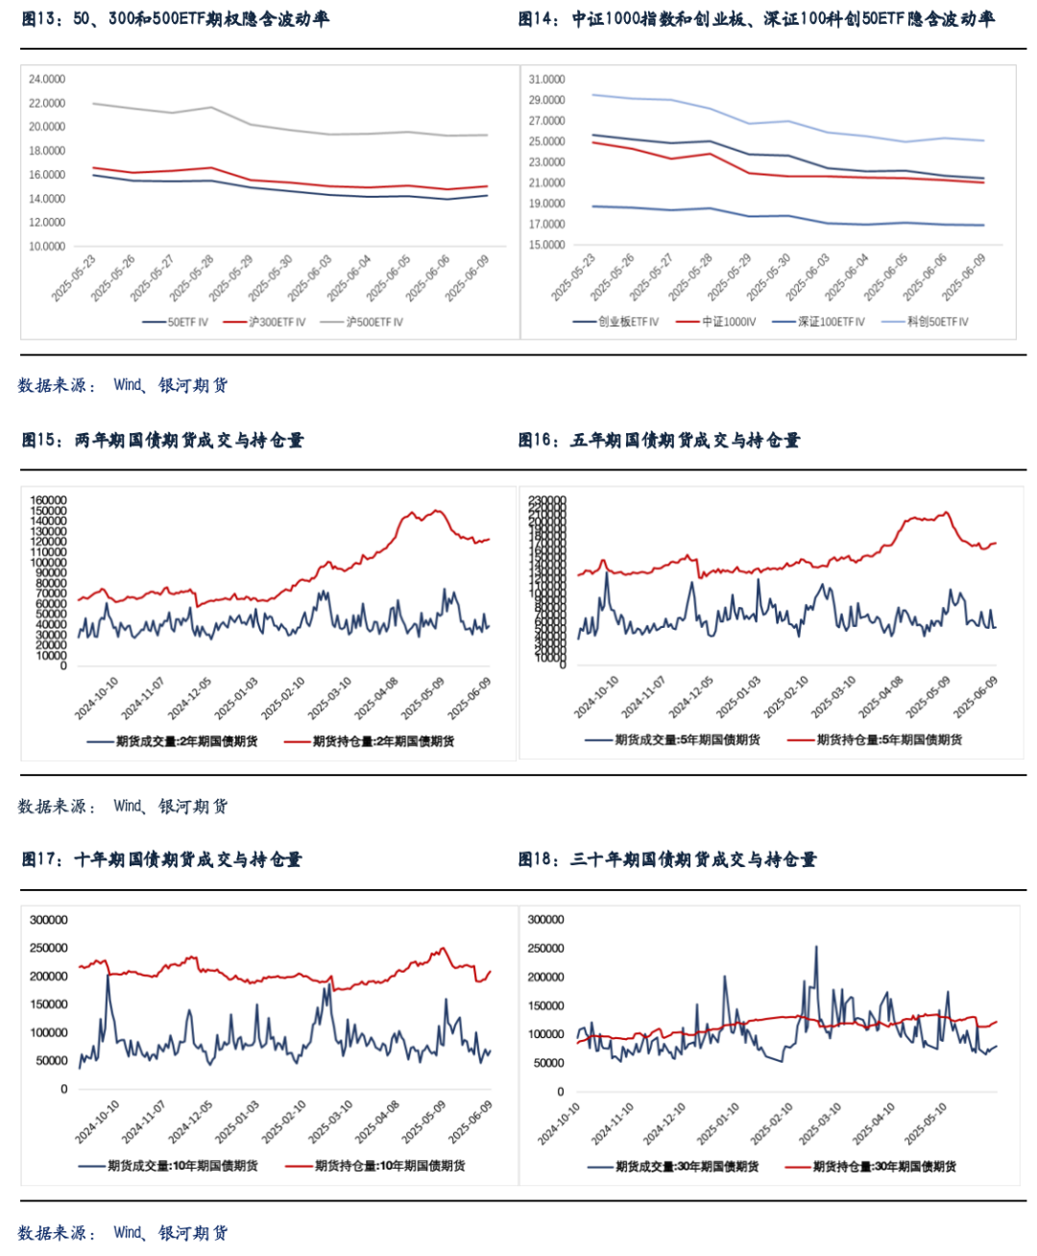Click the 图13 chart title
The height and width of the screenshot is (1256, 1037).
[175, 18]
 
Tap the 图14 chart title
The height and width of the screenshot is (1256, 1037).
[756, 18]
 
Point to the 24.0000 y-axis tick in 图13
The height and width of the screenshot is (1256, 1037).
[47, 80]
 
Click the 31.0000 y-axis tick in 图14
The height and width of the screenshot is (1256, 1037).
[546, 80]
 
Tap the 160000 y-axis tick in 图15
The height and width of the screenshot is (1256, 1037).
[49, 500]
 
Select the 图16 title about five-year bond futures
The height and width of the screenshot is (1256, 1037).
[659, 440]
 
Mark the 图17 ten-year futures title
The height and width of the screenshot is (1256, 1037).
[161, 859]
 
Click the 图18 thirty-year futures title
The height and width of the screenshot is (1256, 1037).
[667, 859]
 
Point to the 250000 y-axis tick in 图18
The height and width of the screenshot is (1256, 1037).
[546, 949]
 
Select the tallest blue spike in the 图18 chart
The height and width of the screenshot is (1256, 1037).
[816, 948]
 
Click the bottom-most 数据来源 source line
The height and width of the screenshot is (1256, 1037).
[123, 1233]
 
